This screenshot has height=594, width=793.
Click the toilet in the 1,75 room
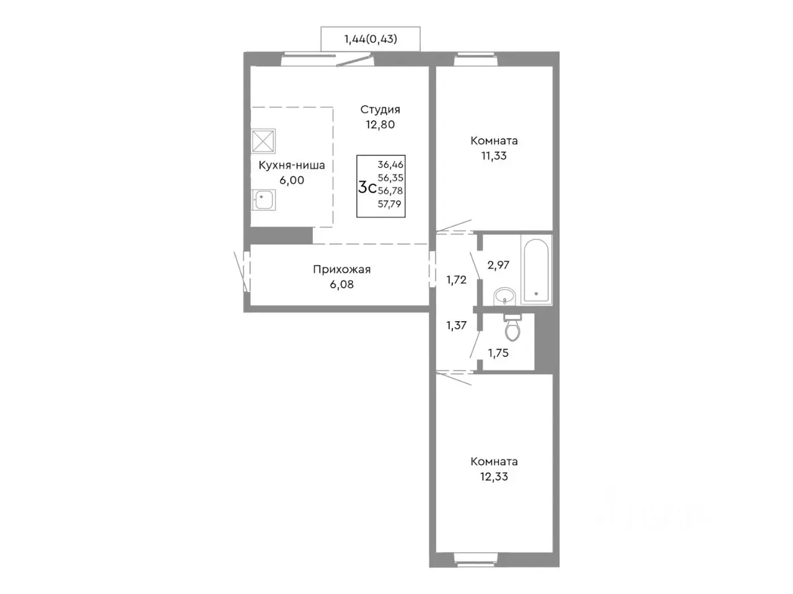point(512,327)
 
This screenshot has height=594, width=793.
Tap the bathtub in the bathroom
point(536,270)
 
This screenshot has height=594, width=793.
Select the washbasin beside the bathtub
point(505,296)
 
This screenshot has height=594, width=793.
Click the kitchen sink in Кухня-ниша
point(263,200)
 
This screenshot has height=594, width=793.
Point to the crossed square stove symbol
point(263,140)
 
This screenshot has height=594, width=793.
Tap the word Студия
point(380,110)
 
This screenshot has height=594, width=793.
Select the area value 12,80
point(380,125)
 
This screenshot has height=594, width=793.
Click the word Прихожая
point(342,269)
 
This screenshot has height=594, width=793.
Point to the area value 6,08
point(342,285)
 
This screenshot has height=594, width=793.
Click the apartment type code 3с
point(367,187)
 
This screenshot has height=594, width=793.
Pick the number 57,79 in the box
point(390,204)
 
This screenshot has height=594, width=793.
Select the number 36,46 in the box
point(390,165)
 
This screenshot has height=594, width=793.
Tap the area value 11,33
point(494,156)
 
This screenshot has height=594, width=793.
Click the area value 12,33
point(494,477)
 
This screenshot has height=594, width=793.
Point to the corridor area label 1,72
point(457,280)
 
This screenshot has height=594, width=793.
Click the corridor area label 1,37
point(457,325)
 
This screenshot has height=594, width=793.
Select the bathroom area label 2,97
point(498,265)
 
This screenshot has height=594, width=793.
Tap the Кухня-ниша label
point(292,165)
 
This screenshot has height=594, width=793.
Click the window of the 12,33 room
point(475,567)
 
